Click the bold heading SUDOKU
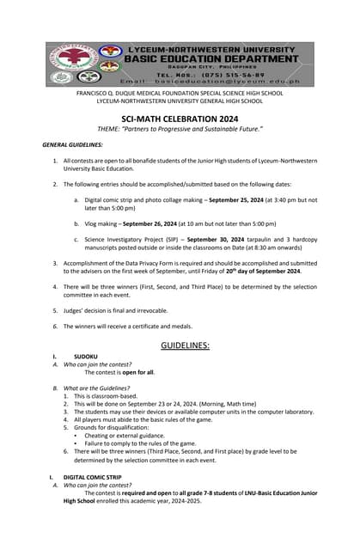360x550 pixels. tap(86, 356)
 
